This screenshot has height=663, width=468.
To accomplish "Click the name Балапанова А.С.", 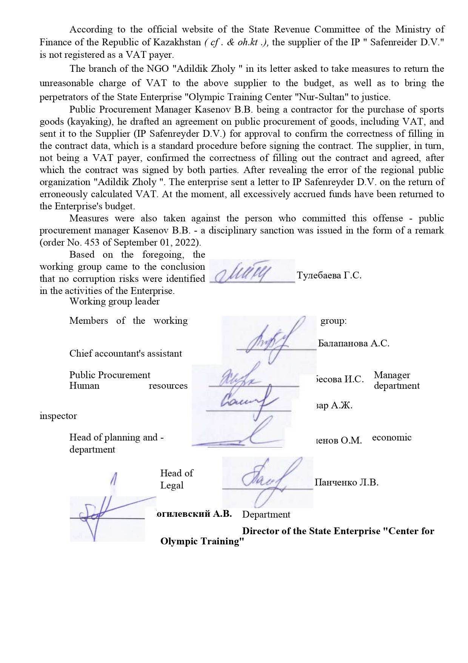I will (354, 343).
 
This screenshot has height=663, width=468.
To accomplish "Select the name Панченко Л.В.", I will (346, 482).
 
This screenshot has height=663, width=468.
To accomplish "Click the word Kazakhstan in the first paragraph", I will (177, 42).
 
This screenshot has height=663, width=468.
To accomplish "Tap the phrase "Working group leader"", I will (114, 301).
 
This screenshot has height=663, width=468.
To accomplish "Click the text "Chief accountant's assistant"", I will (126, 354).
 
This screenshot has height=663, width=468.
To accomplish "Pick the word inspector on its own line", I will (58, 416).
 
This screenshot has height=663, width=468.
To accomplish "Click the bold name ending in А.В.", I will (194, 514).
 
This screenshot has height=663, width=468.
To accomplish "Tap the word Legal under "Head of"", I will (172, 485).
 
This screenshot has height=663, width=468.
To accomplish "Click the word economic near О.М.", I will (392, 437).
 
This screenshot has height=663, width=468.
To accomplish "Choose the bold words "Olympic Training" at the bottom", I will (202, 541).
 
